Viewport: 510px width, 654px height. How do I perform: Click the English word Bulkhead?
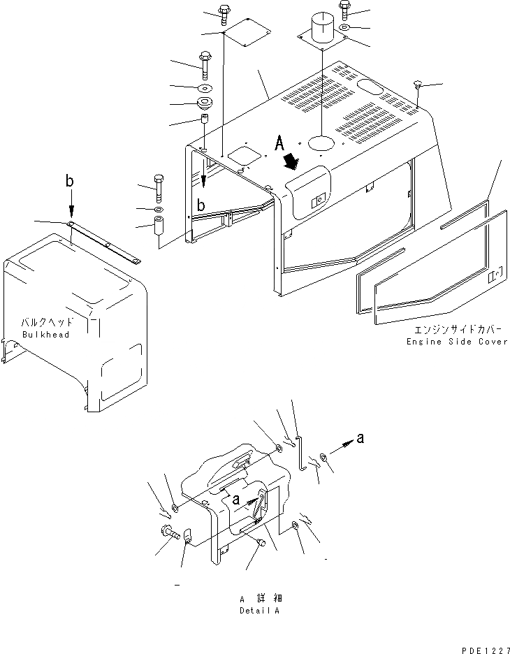click(46, 335)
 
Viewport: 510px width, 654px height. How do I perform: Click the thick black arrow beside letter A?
click(292, 161)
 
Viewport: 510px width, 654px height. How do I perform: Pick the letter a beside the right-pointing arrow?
click(360, 438)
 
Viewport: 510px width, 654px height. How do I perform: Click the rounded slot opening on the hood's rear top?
click(372, 86)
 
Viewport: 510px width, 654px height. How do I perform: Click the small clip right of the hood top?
click(418, 85)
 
